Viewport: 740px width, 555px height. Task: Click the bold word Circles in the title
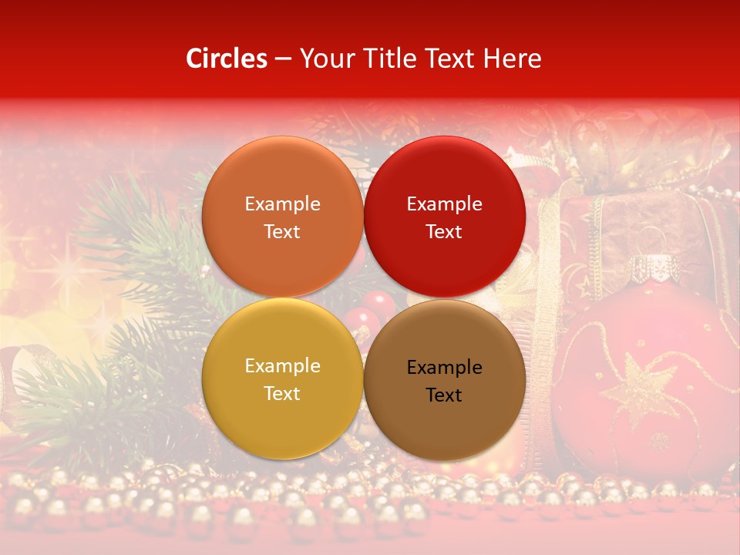226,59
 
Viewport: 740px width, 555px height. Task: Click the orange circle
282,217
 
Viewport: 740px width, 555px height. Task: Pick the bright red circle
444,217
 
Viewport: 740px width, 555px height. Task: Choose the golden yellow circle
282,378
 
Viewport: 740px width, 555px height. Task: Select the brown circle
444,380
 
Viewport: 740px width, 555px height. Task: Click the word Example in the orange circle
282,203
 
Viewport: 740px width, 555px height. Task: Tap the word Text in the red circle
444,231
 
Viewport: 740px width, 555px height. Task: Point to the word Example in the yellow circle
282,365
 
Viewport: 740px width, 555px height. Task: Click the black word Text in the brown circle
444,395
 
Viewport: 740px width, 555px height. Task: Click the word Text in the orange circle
282,231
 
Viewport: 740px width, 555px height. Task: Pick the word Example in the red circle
444,203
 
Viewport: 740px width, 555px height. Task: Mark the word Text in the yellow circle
282,393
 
